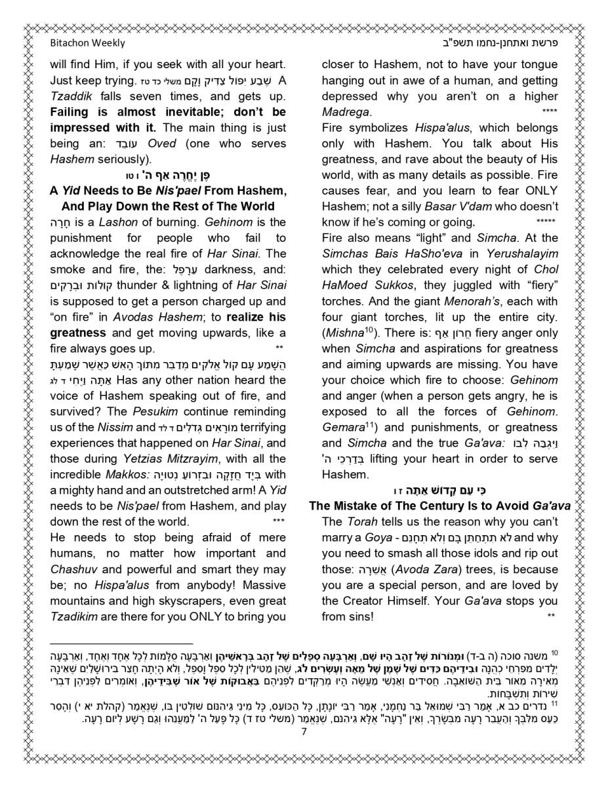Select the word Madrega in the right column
(x=346, y=112)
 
